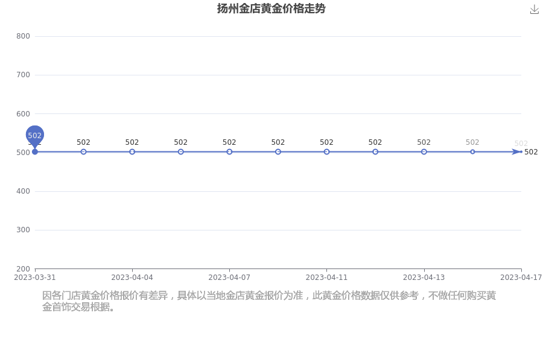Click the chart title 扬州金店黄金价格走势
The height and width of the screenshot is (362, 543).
(271, 8)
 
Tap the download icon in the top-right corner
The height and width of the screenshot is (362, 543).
(534, 9)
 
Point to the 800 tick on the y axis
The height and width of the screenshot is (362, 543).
(23, 36)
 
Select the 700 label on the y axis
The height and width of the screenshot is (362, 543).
(23, 75)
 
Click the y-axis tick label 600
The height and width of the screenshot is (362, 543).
(23, 113)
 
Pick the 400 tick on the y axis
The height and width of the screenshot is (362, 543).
(23, 191)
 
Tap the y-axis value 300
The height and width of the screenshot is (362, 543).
(23, 230)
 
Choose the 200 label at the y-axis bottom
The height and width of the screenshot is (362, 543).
(23, 268)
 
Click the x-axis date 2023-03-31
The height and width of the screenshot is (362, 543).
(35, 278)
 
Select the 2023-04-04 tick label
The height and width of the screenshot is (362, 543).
(132, 278)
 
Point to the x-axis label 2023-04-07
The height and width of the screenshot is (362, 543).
(229, 278)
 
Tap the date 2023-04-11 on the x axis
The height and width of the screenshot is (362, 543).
(326, 278)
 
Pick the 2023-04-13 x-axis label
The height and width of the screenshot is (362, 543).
(424, 278)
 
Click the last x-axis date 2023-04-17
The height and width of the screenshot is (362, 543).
(520, 278)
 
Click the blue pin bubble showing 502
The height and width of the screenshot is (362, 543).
(35, 135)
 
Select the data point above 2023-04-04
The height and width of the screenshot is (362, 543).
(132, 151)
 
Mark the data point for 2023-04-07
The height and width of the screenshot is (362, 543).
(229, 151)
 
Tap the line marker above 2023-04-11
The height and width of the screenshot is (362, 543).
(326, 151)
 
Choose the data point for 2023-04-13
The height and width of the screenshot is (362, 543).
(424, 151)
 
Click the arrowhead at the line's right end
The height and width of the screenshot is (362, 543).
(516, 151)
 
